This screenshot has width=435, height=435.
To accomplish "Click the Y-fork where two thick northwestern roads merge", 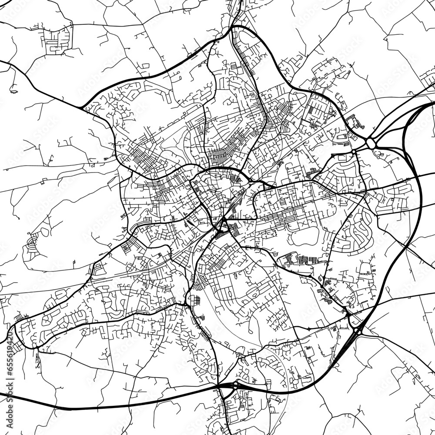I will coord(82,107).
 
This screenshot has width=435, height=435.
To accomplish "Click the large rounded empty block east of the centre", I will coord(304,238).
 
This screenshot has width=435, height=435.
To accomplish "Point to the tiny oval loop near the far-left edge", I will coord(14,92).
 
